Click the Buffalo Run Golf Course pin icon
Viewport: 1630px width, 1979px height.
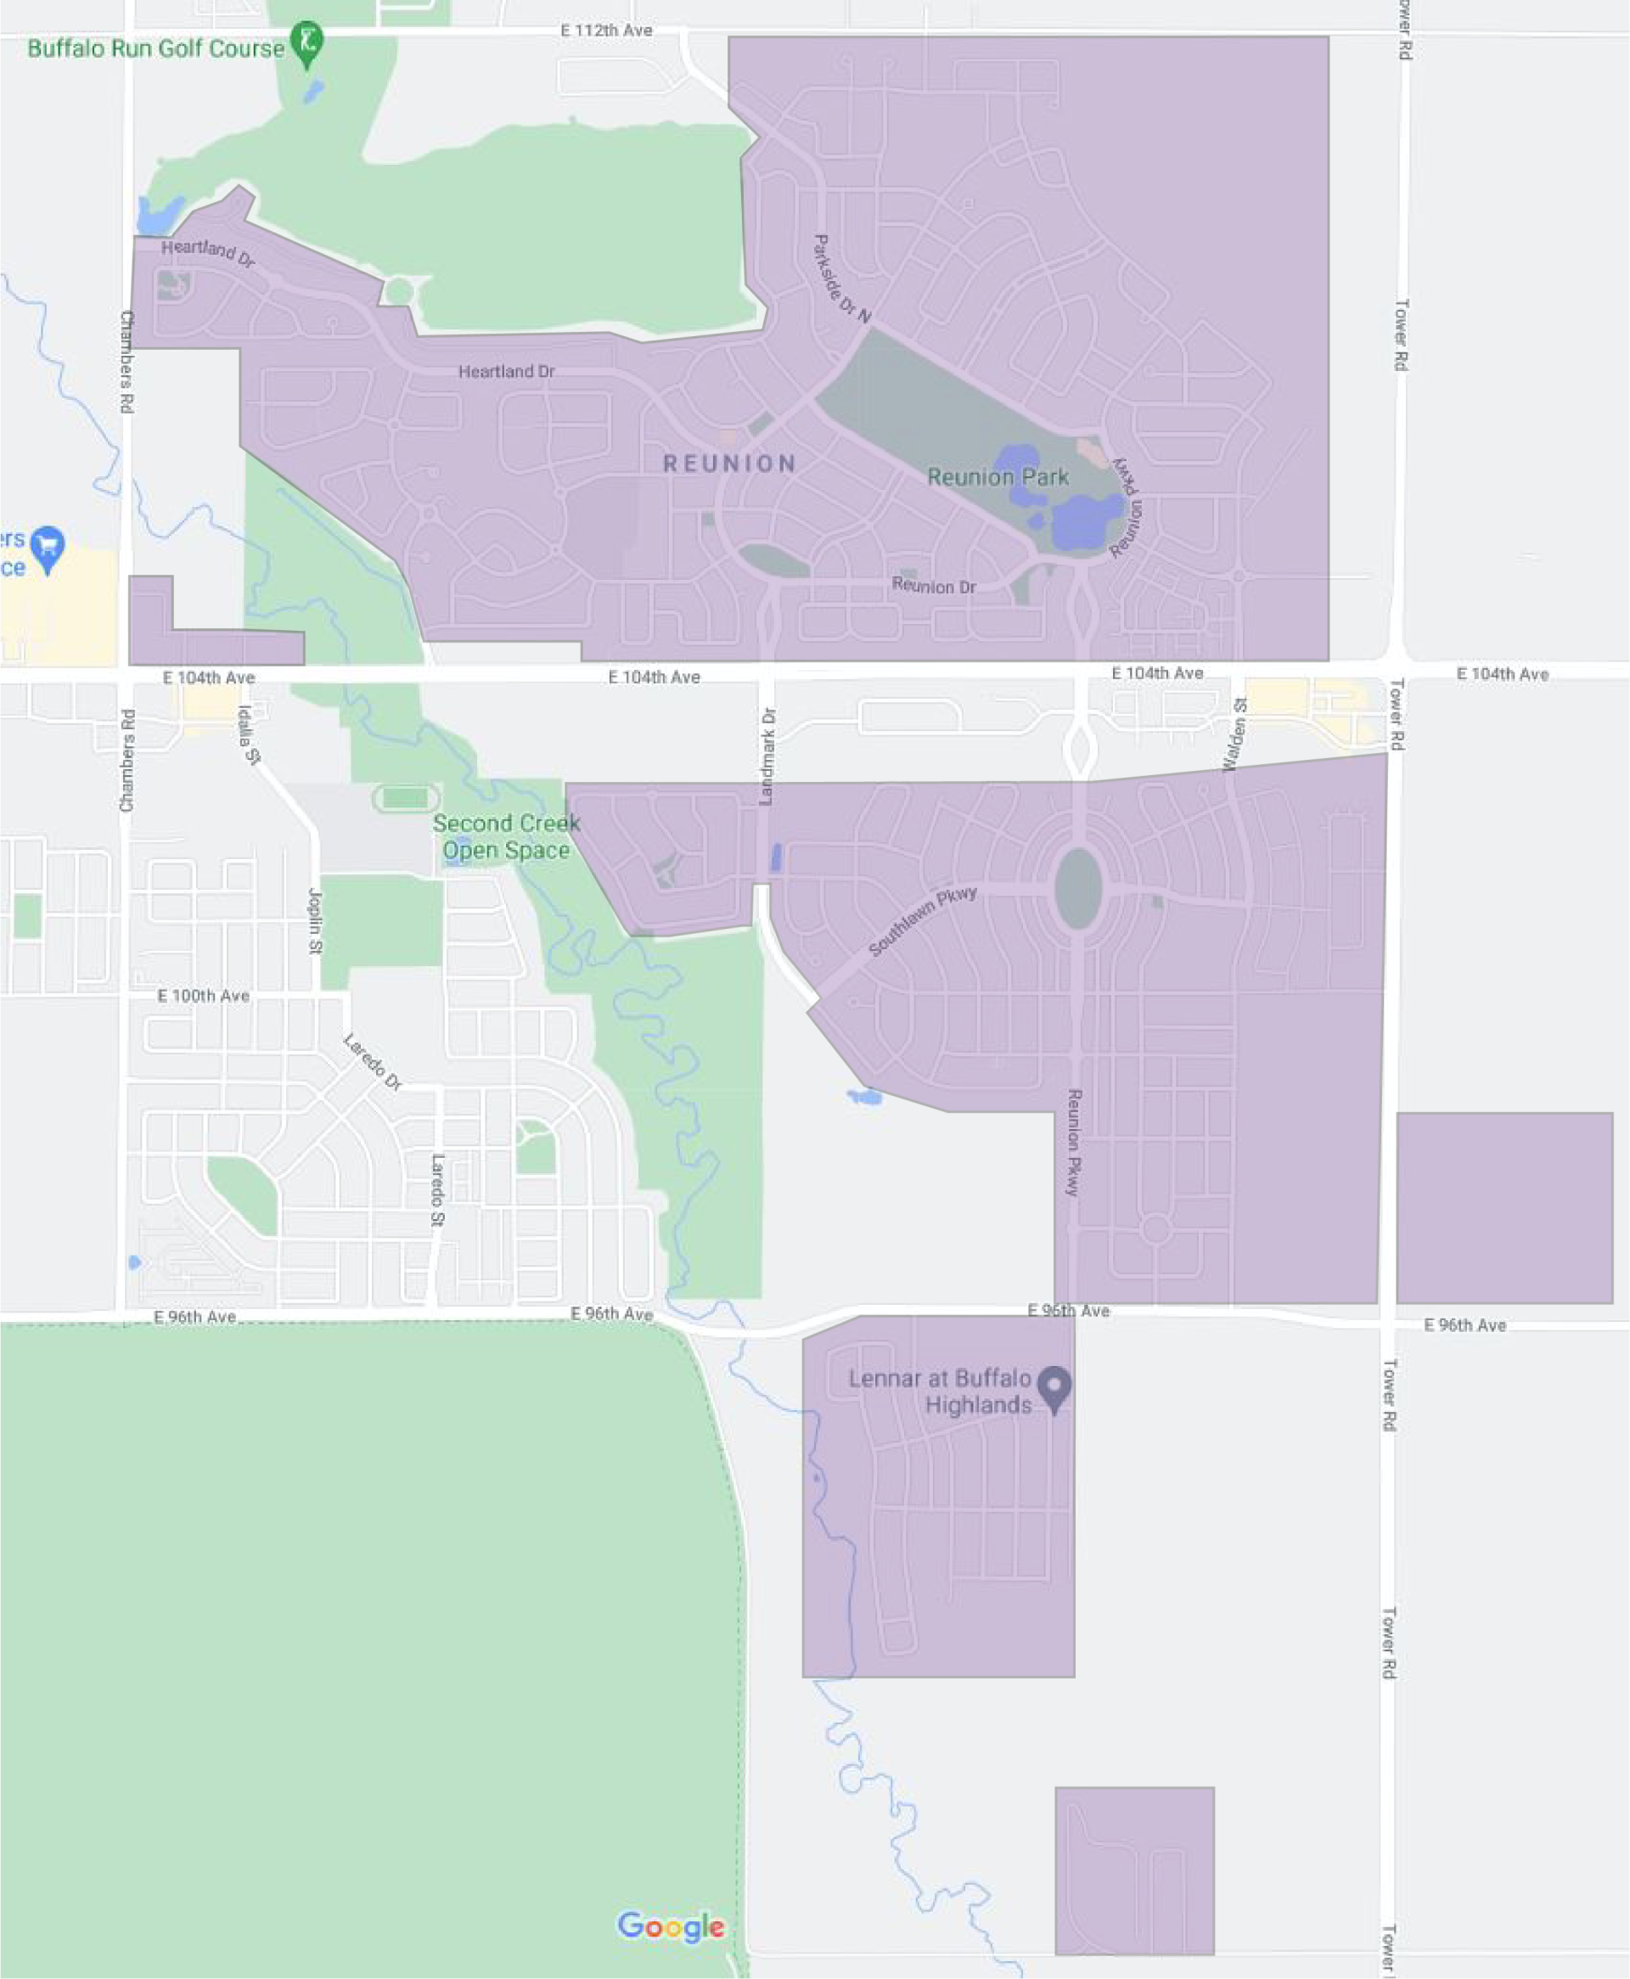306,42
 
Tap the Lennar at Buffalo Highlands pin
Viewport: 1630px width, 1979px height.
1054,1386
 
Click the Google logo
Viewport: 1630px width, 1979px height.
671,1926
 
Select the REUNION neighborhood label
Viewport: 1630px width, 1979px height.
729,464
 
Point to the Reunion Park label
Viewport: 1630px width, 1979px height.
998,477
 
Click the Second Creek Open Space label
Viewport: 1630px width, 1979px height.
506,836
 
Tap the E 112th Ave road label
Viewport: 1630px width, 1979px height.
605,31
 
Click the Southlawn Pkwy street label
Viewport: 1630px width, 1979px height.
922,920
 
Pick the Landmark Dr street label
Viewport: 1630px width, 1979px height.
767,756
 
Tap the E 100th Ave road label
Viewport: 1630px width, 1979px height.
203,995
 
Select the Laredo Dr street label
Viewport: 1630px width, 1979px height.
373,1062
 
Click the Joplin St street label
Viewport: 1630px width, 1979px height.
316,921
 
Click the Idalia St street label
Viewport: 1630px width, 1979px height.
248,735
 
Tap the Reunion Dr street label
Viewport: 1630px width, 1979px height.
933,586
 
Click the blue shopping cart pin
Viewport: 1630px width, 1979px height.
47,545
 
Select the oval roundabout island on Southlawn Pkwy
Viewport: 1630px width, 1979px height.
1078,888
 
